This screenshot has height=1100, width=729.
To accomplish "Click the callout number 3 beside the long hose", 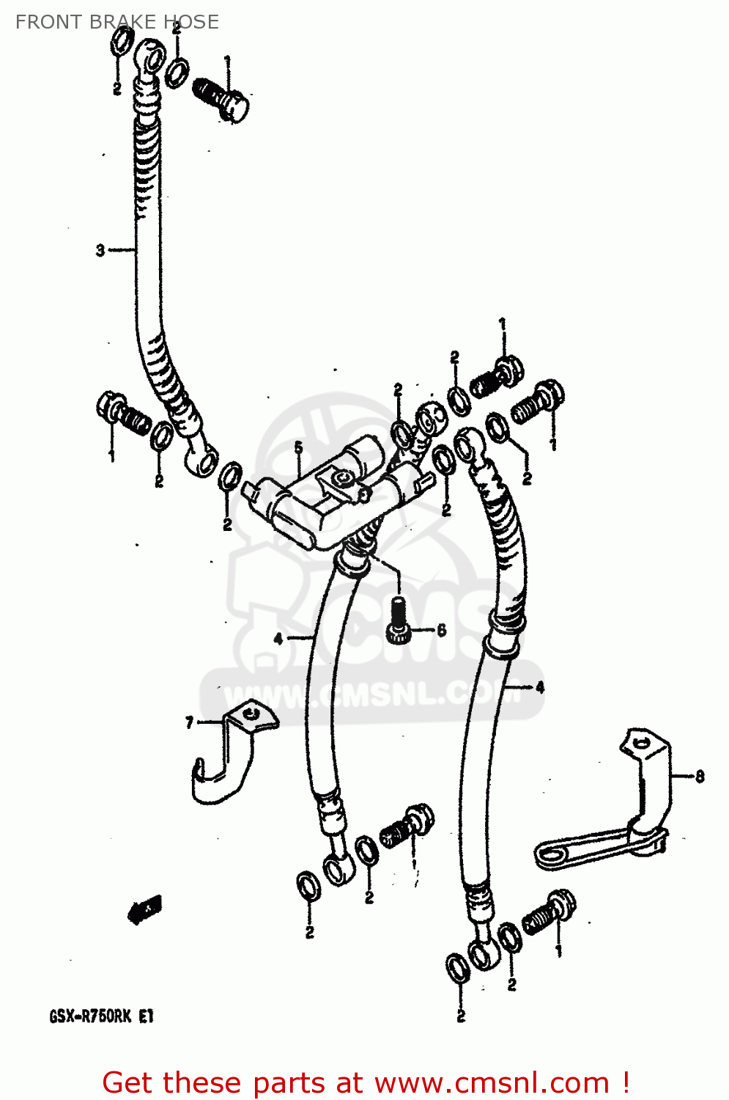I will point(100,250).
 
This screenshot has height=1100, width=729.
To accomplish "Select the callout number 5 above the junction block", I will point(298,447).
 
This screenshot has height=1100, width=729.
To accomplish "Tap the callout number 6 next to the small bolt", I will point(441,630).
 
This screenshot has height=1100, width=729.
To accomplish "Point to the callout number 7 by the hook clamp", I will point(189,723).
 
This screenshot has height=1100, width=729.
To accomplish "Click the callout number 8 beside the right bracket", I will point(700,776).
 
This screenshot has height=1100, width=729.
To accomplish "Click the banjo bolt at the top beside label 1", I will point(221,99).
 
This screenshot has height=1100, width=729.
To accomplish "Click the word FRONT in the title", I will point(48,22).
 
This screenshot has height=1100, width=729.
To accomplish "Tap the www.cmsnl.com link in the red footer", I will point(492,1082).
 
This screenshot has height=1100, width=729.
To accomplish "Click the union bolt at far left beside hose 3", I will point(121,414).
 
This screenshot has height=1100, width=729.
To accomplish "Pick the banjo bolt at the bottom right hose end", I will point(548,914).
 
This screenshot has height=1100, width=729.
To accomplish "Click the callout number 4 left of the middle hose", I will point(278,639).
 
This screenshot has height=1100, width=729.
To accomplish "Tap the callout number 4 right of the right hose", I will point(540,687).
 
